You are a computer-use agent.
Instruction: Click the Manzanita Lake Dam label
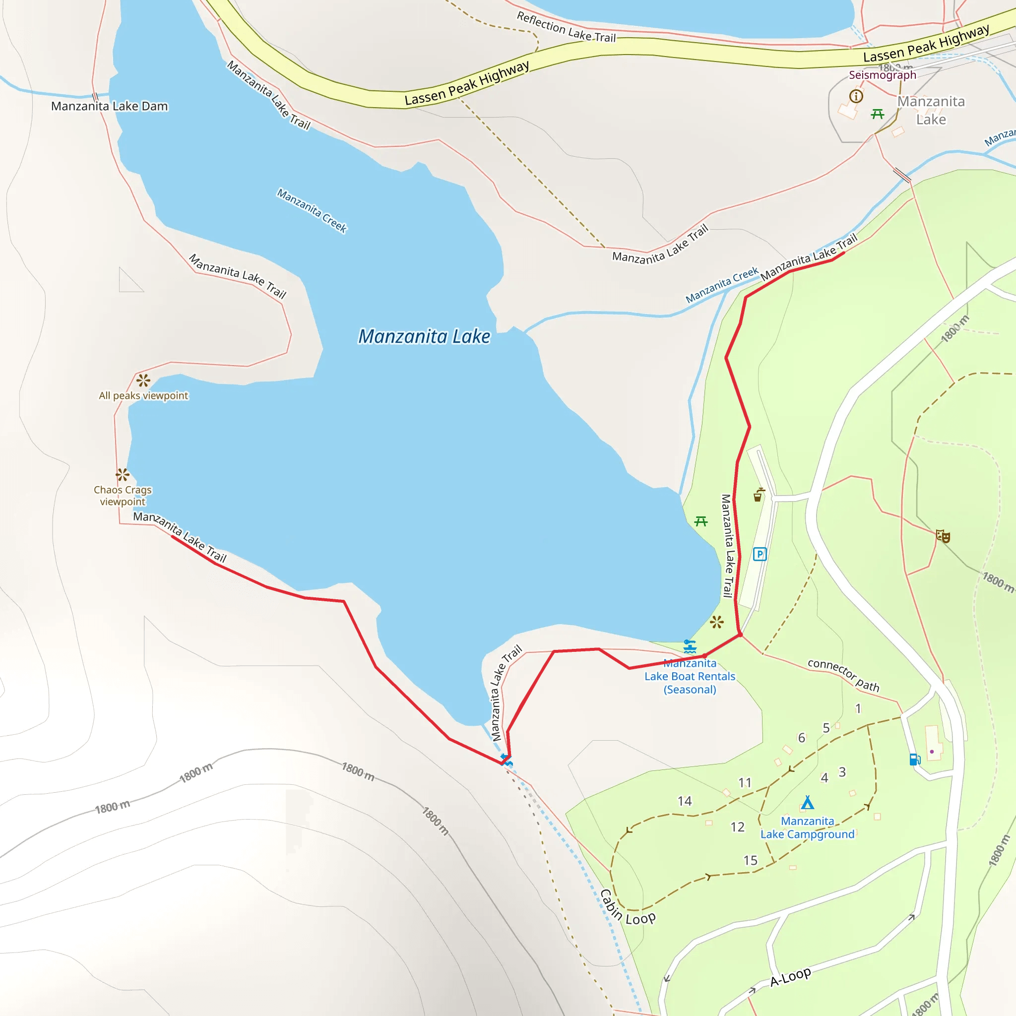[x=109, y=106]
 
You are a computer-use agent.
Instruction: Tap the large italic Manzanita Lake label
[x=424, y=336]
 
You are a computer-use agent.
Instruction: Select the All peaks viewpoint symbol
[x=143, y=380]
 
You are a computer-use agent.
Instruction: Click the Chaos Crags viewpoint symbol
[x=123, y=475]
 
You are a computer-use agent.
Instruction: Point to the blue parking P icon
[x=760, y=554]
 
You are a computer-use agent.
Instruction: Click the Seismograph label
[x=883, y=75]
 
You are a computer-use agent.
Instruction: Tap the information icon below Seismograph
[x=856, y=96]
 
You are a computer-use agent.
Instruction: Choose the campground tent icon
[x=807, y=802]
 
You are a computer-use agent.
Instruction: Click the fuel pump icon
[x=915, y=759]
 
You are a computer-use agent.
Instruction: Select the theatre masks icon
[x=943, y=536]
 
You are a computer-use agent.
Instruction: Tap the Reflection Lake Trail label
[x=566, y=27]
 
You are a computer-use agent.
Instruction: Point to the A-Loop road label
[x=790, y=976]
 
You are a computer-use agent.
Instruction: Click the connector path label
[x=843, y=675]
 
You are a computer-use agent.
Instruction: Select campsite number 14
[x=685, y=801]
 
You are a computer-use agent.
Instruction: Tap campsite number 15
[x=751, y=860]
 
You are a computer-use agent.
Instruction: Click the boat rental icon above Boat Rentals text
[x=690, y=646]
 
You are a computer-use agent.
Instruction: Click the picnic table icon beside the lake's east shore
[x=701, y=521]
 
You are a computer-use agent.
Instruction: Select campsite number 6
[x=802, y=738]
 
